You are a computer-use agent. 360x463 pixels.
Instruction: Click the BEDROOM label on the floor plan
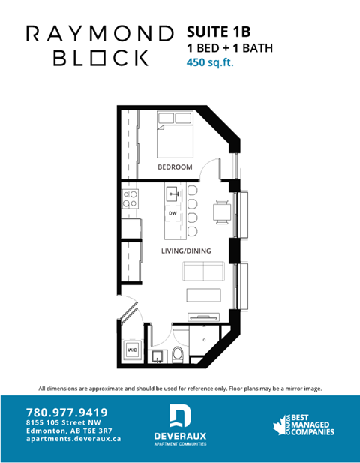[x=175, y=167]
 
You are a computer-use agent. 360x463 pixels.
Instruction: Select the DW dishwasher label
[x=172, y=214]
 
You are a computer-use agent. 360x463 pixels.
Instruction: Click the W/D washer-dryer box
[x=132, y=350]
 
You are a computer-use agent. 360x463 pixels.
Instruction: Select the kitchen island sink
[x=173, y=194]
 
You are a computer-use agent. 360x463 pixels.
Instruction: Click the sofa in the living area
[x=202, y=271]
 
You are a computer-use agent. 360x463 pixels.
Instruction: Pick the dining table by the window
[x=221, y=212]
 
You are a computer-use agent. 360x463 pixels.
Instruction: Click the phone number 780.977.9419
[x=67, y=412]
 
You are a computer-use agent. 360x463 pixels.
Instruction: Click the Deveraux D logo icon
[x=180, y=415]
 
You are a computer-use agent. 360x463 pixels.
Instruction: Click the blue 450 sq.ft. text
[x=211, y=62]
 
